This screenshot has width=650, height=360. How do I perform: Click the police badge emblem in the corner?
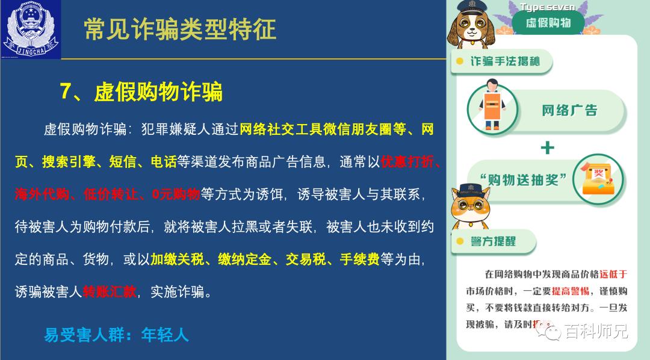click(x=31, y=29)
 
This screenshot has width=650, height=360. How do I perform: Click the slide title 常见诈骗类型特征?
click(x=180, y=29)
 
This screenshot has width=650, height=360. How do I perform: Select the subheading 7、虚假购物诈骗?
click(x=141, y=92)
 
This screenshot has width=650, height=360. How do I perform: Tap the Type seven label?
click(x=547, y=7)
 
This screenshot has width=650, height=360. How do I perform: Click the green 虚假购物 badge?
click(x=548, y=23)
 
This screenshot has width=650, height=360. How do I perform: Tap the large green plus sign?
click(x=547, y=147)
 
